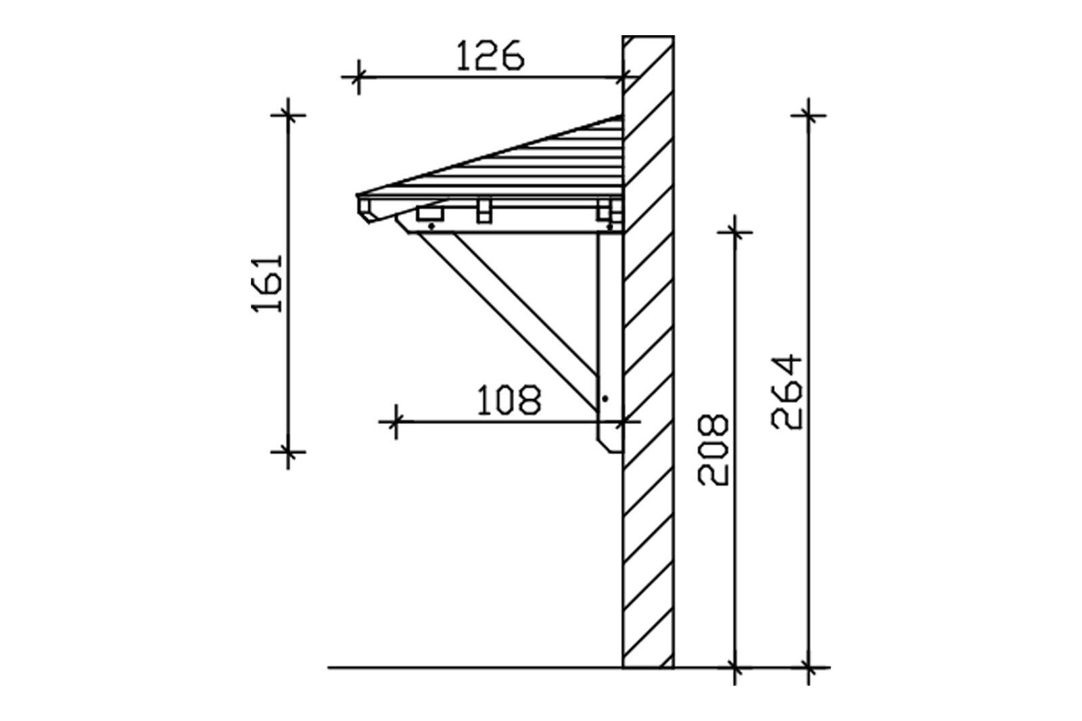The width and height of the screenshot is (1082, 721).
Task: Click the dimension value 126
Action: [490, 55]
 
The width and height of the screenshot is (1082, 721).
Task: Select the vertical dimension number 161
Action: [267, 283]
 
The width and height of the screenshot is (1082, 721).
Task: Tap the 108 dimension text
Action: [509, 400]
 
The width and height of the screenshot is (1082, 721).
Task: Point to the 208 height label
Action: [713, 450]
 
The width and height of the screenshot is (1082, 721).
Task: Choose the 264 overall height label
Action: [786, 392]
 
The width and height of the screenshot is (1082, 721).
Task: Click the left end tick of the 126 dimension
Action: [358, 77]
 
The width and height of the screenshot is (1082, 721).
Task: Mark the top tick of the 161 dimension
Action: [288, 115]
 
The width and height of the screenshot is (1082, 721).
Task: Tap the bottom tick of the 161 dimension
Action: [288, 452]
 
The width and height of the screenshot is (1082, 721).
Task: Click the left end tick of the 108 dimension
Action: [396, 422]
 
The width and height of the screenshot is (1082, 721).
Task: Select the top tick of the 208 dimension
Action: [734, 233]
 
